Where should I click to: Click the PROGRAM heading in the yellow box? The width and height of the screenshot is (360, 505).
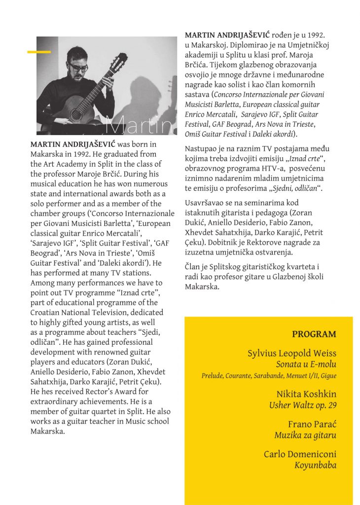(x=314, y=334)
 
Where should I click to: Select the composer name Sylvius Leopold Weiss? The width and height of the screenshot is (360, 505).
(x=292, y=354)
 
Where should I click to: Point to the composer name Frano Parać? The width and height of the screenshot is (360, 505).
(x=312, y=425)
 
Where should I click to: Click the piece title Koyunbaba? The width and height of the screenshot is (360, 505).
(x=316, y=465)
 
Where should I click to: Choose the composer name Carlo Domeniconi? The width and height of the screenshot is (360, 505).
(x=300, y=454)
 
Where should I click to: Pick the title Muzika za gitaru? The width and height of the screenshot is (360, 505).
(x=305, y=435)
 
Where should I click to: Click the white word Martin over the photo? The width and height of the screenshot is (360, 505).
(x=140, y=125)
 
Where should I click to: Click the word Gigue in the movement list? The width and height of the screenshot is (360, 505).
(x=328, y=376)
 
